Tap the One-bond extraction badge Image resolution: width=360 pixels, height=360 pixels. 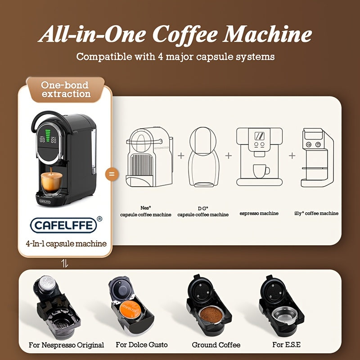tap(65, 89)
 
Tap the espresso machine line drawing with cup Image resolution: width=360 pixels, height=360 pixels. tap(259, 157)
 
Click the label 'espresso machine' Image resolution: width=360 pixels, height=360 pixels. tap(259, 213)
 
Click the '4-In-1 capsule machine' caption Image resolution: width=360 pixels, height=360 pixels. tap(65, 244)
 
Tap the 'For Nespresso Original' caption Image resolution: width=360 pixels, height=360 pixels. tap(66, 345)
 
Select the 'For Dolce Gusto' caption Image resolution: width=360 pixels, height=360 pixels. tap(141, 345)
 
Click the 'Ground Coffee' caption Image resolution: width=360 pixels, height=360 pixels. tap(216, 345)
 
